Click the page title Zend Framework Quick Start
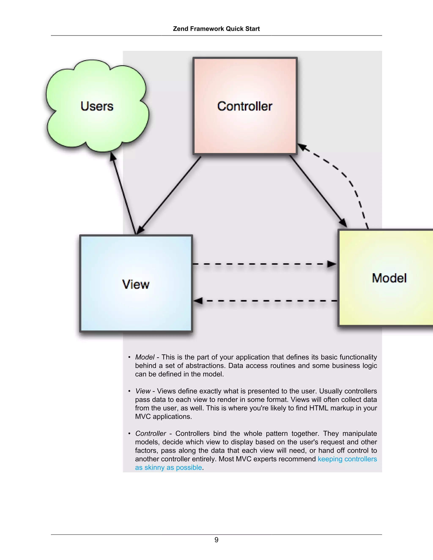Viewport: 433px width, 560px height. coord(216,29)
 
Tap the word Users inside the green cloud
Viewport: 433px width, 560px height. coord(97,106)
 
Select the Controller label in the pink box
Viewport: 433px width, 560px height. coord(245,106)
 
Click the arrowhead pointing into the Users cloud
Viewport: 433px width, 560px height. coord(113,157)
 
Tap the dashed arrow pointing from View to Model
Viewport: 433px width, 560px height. coord(264,264)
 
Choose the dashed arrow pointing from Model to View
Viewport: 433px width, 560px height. coord(264,301)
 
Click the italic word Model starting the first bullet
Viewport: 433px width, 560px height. coord(145,357)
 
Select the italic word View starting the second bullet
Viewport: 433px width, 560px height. coord(143,391)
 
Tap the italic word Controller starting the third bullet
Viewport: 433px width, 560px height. coord(151,434)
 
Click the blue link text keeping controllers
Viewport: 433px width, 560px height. coord(347,459)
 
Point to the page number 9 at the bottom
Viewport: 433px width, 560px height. coord(216,540)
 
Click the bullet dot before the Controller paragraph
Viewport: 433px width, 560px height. coord(129,434)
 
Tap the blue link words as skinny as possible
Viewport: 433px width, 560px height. coord(169,467)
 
